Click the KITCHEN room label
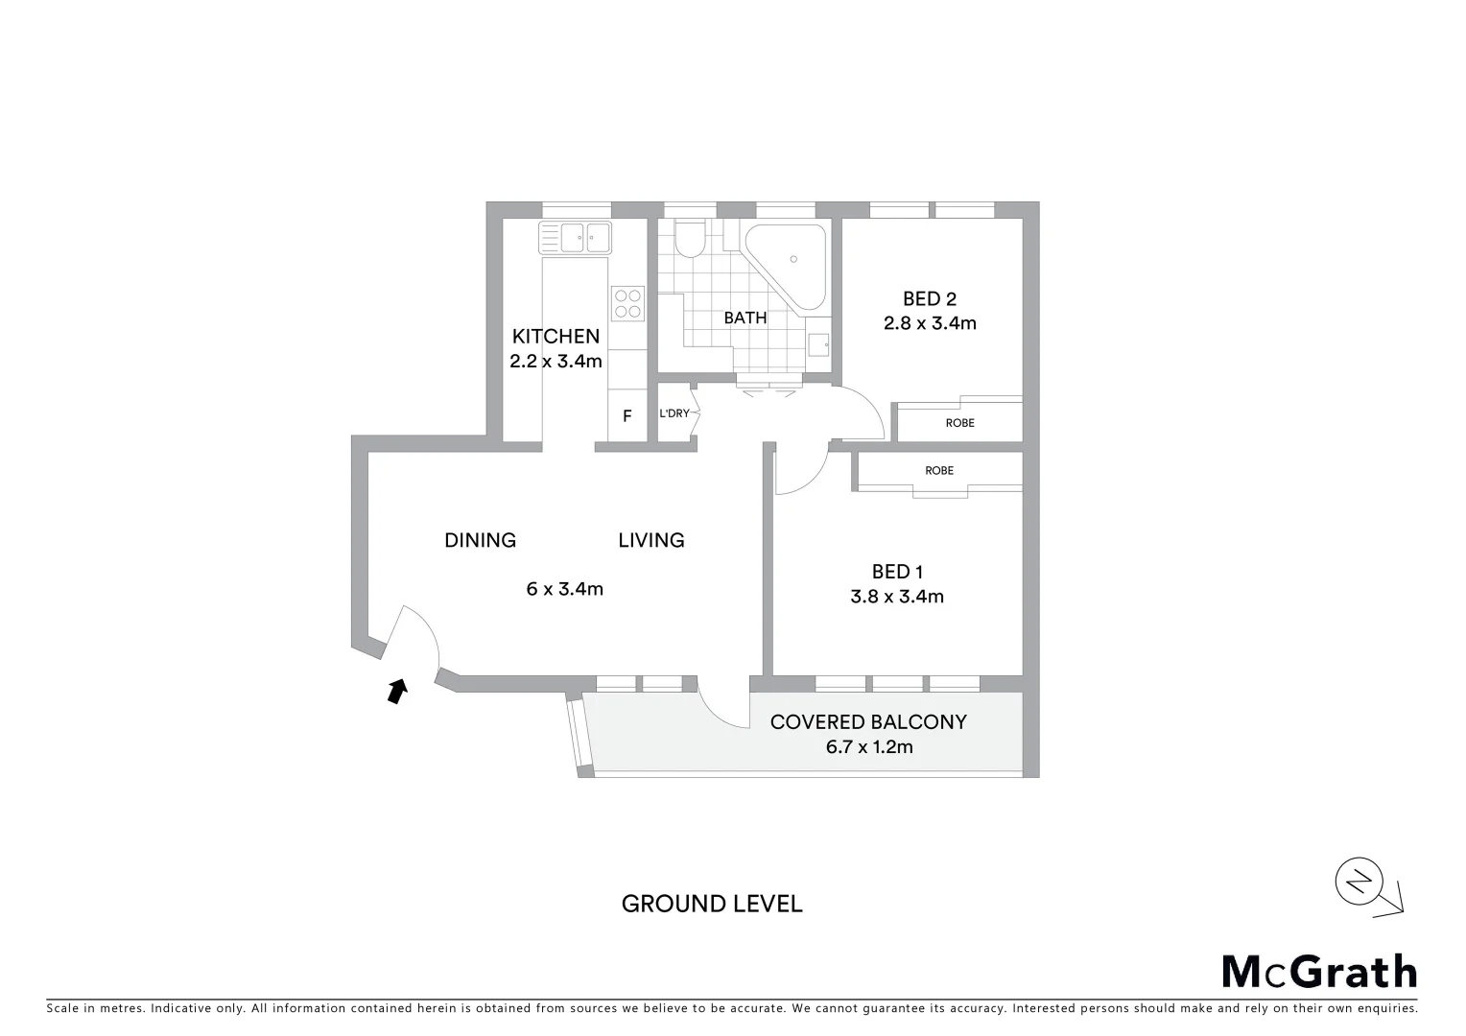pyautogui.click(x=556, y=337)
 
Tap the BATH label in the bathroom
pyautogui.click(x=745, y=318)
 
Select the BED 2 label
pyautogui.click(x=929, y=299)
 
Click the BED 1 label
pyautogui.click(x=897, y=572)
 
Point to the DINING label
pyautogui.click(x=480, y=540)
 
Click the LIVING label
pyautogui.click(x=650, y=540)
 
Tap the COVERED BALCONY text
pyautogui.click(x=868, y=722)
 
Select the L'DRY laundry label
pyautogui.click(x=674, y=414)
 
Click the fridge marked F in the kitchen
pyautogui.click(x=627, y=416)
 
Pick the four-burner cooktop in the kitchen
pyautogui.click(x=627, y=304)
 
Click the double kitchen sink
pyautogui.click(x=575, y=236)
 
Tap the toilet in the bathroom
pyautogui.click(x=689, y=240)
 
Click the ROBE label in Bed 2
pyautogui.click(x=959, y=423)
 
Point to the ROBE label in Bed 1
pyautogui.click(x=939, y=471)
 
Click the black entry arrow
pyautogui.click(x=395, y=691)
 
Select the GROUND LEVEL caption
pyautogui.click(x=712, y=904)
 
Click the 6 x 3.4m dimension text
pyautogui.click(x=564, y=589)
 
